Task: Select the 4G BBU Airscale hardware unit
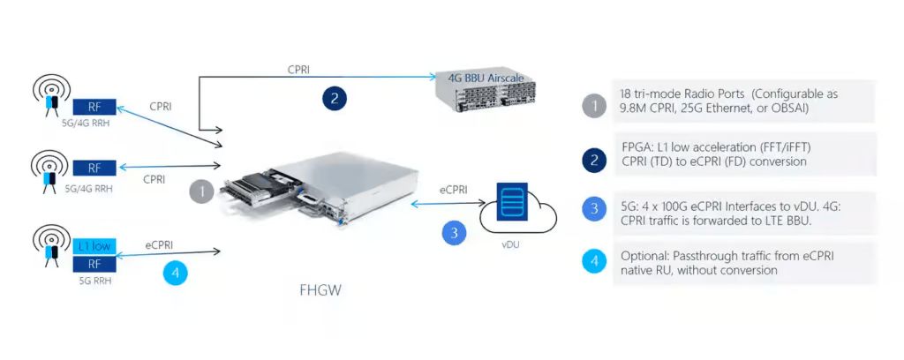coord(485,88)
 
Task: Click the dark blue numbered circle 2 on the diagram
coord(334,98)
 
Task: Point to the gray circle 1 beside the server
coord(203,191)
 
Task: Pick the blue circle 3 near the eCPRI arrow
coord(454,233)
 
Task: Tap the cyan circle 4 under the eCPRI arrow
coord(176,273)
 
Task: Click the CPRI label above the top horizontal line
coord(298,69)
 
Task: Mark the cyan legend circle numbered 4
coord(594,262)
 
